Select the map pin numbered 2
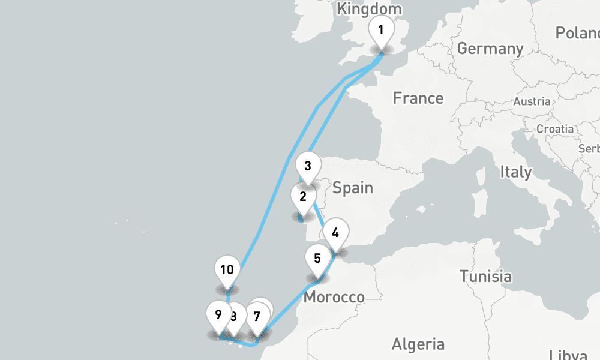303,197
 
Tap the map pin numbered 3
308,166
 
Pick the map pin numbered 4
335,233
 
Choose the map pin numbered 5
317,259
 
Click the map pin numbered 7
258,316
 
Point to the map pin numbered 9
218,314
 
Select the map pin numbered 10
227,269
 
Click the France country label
418,98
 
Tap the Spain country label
353,188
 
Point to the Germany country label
490,49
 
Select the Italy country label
515,172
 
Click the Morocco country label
334,297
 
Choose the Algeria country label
418,344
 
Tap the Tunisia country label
486,277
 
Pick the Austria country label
532,101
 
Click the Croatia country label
554,129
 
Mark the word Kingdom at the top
369,9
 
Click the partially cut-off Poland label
577,33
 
